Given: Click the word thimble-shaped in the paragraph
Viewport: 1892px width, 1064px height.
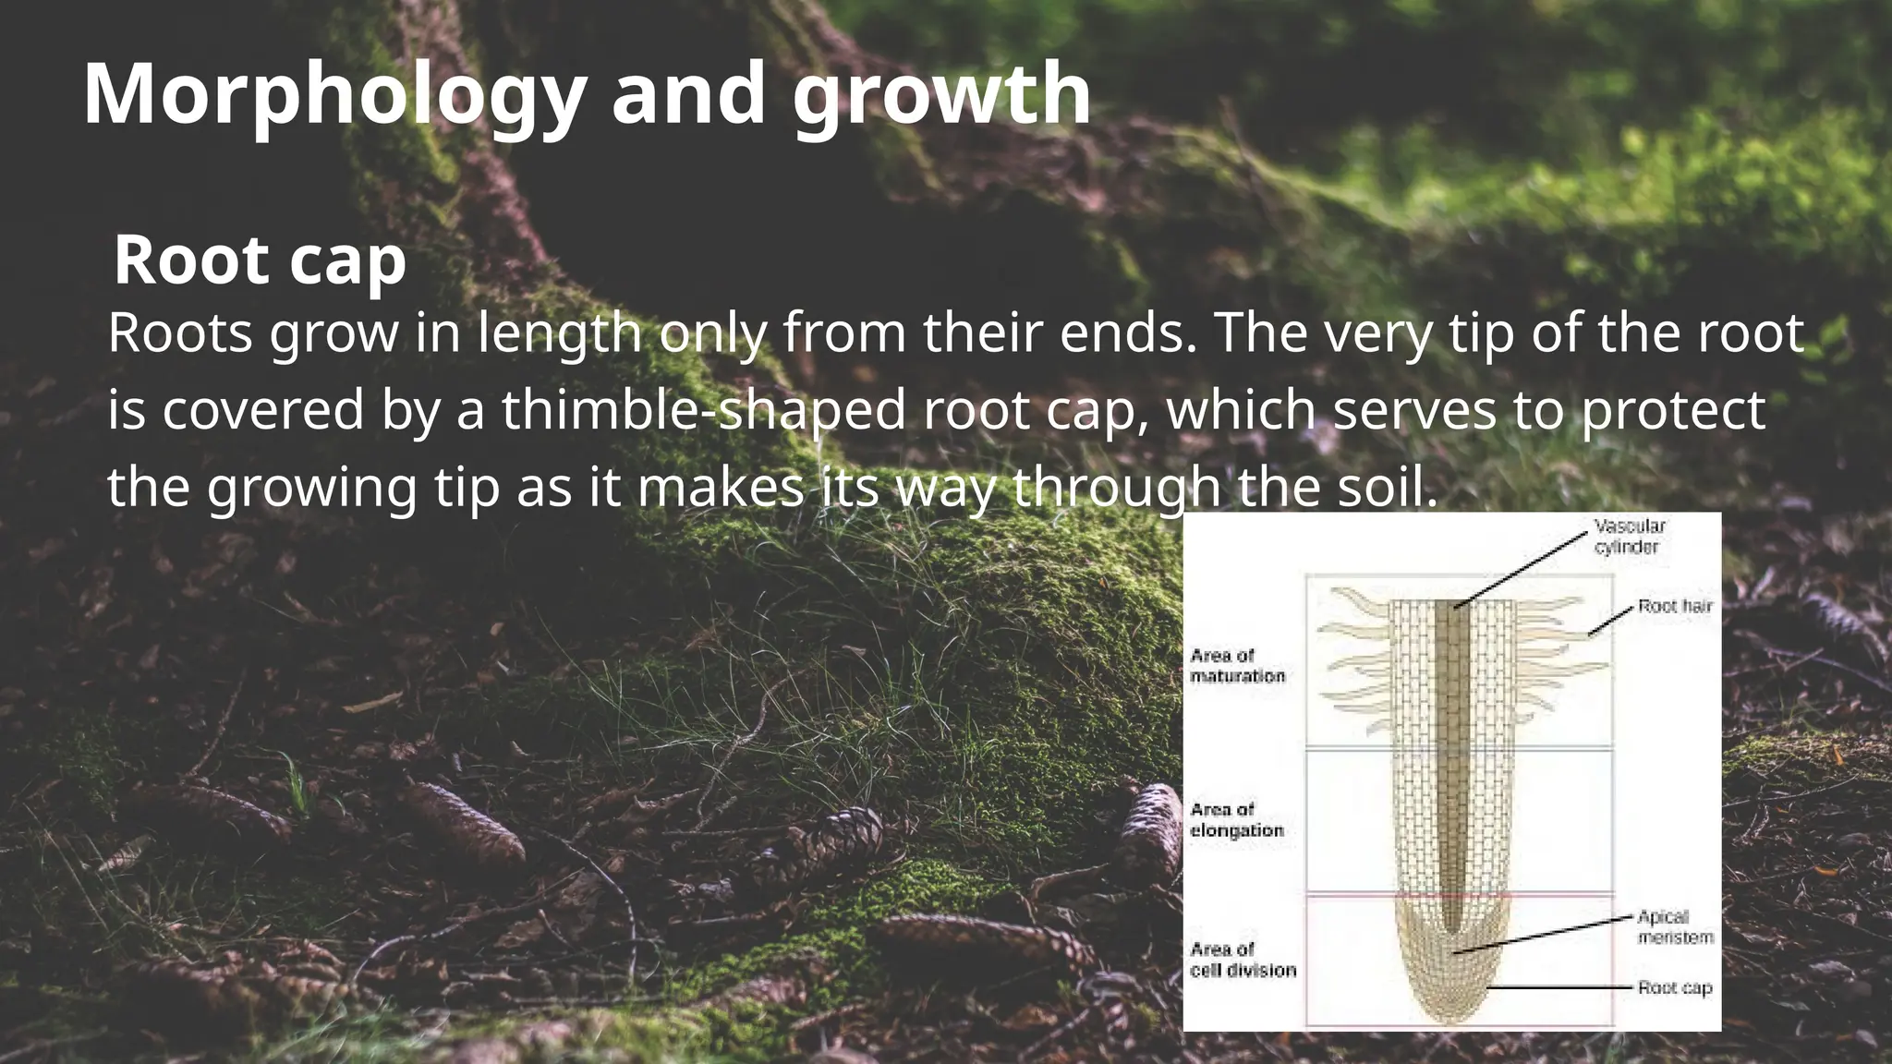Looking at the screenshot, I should pos(704,410).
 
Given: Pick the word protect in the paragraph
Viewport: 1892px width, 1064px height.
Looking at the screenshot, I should pos(1673,410).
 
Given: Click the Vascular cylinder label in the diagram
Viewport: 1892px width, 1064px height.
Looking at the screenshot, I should pos(1629,537).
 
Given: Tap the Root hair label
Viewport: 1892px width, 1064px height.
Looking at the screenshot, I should pos(1675,607).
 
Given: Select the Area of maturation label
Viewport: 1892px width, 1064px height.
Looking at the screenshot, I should pos(1237,666).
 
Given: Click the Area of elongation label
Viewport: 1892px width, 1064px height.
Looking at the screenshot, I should pos(1237,820).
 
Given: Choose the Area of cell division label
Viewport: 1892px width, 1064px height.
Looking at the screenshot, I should pos(1243,960).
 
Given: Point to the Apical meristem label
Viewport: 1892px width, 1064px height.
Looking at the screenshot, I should pos(1675,927).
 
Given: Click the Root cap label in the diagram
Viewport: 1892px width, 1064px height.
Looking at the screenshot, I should pos(1675,988).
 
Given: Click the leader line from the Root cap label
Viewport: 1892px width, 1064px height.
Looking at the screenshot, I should pos(1561,987).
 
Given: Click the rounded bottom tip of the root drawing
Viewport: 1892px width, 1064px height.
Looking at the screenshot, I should pos(1453,1016).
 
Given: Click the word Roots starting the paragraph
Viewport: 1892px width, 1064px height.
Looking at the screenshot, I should pos(180,333).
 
